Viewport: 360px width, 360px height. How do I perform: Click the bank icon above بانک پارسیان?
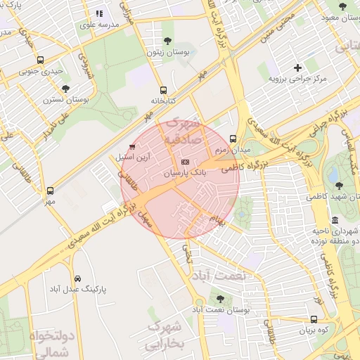tap(186, 162)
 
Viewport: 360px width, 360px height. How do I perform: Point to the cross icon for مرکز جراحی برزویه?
tap(298, 68)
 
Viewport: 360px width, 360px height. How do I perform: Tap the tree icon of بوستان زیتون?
tap(167, 41)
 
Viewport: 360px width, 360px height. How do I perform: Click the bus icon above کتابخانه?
tap(163, 90)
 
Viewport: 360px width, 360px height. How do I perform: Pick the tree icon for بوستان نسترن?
tap(65, 89)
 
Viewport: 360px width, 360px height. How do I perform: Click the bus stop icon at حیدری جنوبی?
tap(41, 60)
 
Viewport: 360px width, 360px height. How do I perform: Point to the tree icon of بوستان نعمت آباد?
tap(221, 299)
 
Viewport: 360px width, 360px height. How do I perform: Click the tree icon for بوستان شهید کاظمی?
tap(340, 185)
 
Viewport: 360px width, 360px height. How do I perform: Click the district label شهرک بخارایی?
tap(165, 335)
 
